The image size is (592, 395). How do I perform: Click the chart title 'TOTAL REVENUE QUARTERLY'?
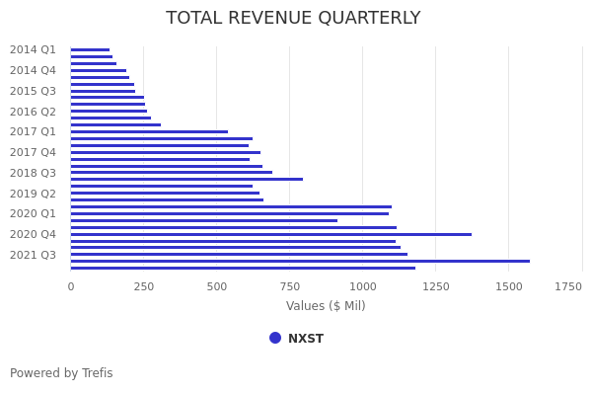(x=293, y=19)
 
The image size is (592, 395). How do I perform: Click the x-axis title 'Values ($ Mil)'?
(x=326, y=306)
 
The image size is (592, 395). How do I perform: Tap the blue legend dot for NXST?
(x=275, y=338)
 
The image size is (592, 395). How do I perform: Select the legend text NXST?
(x=306, y=339)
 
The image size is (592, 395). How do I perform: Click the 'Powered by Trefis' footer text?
(x=61, y=373)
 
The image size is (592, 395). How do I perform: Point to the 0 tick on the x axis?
(x=70, y=286)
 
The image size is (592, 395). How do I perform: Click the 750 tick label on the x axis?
(x=290, y=286)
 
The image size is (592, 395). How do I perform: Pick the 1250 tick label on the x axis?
(x=436, y=286)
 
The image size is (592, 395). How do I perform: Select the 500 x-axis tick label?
(x=217, y=286)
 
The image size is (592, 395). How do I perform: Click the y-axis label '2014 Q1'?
(x=33, y=49)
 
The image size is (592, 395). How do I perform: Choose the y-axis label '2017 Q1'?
(x=33, y=131)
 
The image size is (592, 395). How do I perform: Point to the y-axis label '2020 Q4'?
(x=33, y=234)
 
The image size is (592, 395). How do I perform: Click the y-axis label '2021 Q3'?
(x=33, y=255)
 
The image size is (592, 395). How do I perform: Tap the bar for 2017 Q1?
(x=148, y=131)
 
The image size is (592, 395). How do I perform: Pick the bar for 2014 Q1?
(x=90, y=49)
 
